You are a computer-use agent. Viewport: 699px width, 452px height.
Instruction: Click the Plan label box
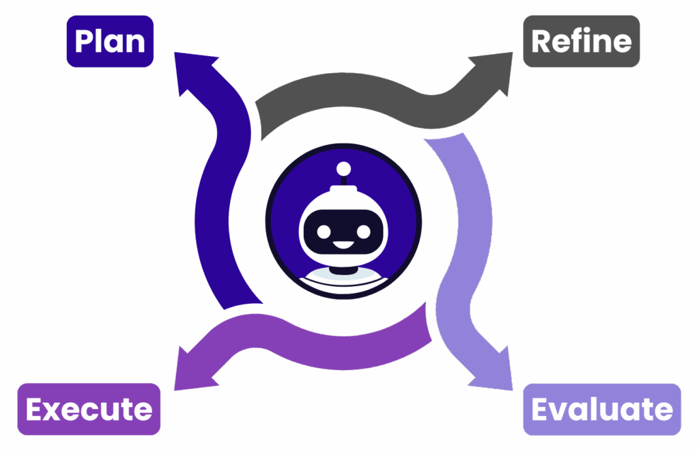point(110,41)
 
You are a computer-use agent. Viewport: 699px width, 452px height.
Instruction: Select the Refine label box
point(581,41)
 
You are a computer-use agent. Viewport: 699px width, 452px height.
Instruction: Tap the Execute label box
point(89,410)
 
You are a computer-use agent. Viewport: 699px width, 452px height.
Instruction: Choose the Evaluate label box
point(601,410)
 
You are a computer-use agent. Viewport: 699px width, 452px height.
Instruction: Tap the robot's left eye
point(324,231)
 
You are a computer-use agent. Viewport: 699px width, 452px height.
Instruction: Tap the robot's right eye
point(363,231)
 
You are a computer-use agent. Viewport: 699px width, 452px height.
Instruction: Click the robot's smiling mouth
point(343,244)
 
